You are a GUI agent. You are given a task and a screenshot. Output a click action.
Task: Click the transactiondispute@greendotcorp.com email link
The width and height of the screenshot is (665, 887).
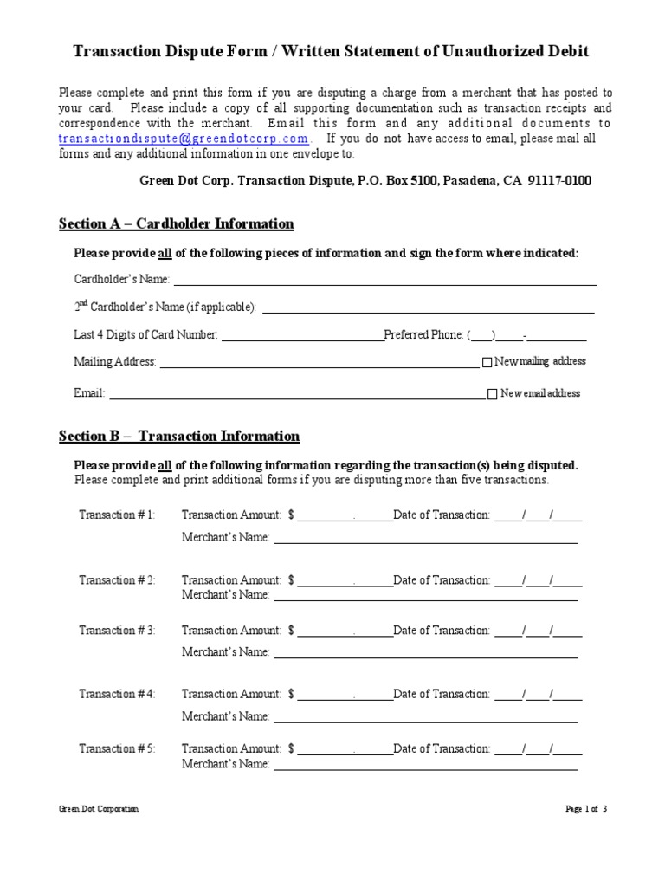point(184,139)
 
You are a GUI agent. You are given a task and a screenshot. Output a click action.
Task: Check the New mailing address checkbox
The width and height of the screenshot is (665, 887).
point(487,362)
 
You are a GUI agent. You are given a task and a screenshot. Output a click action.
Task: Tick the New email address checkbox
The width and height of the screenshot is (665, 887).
point(493,394)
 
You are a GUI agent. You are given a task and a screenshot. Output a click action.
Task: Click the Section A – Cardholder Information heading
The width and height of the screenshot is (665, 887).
point(176,224)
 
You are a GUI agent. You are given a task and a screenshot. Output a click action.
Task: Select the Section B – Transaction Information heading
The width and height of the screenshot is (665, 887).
point(178,436)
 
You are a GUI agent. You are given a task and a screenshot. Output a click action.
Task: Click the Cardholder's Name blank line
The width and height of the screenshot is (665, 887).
point(385,280)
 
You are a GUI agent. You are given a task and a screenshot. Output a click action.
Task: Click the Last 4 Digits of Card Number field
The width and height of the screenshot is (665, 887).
point(302,335)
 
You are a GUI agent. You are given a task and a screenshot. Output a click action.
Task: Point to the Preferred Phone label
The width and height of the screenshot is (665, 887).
point(423,335)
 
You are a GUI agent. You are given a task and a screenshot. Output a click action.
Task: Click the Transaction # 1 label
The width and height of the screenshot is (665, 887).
point(117,515)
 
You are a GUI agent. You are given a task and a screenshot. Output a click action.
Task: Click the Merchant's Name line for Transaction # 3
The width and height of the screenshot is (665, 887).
point(425,652)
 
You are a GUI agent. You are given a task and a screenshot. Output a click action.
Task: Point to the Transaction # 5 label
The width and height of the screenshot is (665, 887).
point(117,748)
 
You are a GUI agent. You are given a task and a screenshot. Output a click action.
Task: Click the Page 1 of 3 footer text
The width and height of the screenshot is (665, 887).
point(586,809)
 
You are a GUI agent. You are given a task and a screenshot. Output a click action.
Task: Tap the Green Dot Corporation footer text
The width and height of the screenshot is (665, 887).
point(98,809)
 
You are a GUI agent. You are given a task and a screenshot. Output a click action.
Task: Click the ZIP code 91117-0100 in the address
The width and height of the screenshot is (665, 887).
point(562,181)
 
